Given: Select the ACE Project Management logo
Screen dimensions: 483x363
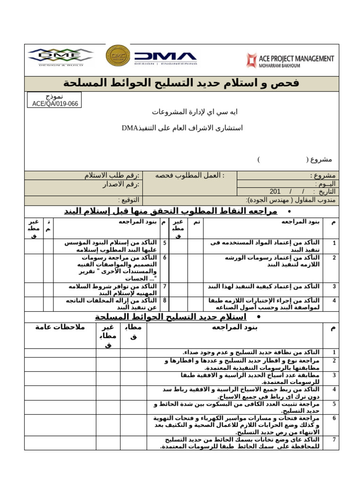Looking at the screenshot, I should coord(290,60).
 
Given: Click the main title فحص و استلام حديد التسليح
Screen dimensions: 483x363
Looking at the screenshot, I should coord(181,83).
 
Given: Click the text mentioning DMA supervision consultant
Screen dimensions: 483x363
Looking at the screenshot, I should coord(182,128).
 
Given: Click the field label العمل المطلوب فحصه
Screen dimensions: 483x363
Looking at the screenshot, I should coord(190,175).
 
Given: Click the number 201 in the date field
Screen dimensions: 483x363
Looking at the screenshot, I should coord(275,192).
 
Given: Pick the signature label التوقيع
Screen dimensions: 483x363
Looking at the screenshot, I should coord(128,200).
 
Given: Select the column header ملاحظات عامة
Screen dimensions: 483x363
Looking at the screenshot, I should coord(60,327).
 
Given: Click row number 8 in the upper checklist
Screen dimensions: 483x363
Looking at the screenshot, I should coord(164,300).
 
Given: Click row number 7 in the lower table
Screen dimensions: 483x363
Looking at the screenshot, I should coord(334,440).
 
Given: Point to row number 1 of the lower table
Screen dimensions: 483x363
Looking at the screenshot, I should coord(334,352).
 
